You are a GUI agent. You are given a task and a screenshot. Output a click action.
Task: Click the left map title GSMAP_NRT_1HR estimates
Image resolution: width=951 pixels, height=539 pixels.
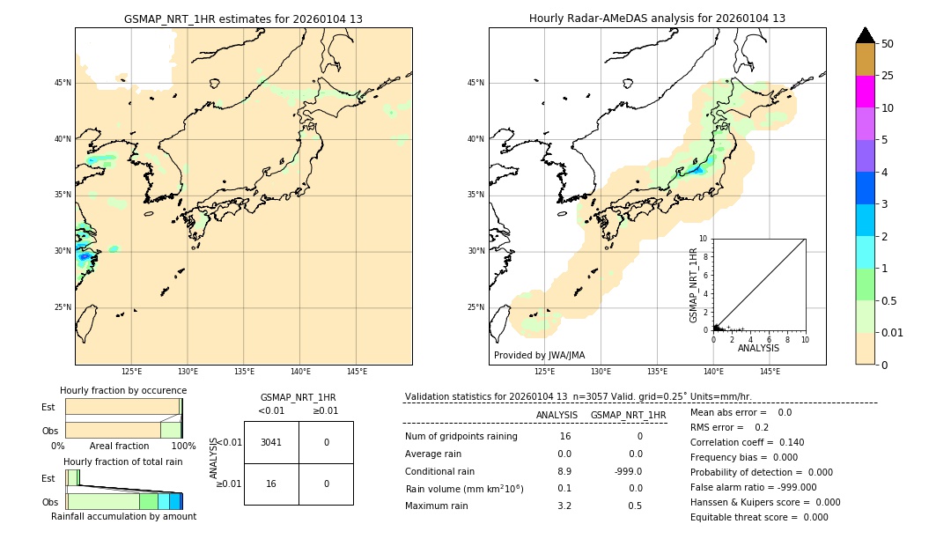tap(243, 18)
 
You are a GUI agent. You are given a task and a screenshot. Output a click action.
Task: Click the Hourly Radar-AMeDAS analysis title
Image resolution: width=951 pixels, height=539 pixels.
tap(657, 18)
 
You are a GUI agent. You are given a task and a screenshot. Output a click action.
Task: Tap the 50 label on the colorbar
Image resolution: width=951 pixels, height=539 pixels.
tap(888, 44)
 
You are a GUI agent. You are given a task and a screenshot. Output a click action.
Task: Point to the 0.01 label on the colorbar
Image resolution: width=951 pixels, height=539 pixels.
tap(893, 332)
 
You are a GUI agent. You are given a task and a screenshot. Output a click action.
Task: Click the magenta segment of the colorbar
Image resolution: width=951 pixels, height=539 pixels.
tap(865, 92)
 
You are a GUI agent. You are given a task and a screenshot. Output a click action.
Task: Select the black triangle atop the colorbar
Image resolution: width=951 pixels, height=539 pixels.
tap(865, 35)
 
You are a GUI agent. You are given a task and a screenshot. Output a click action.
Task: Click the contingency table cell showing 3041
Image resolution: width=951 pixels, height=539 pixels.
tap(271, 442)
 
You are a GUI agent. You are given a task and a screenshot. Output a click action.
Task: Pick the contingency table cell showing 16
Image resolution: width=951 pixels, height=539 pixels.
tap(271, 484)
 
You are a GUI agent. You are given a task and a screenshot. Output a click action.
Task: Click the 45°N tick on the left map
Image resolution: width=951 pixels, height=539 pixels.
tap(63, 83)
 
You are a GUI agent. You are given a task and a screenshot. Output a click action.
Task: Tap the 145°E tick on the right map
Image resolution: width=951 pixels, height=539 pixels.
tap(770, 372)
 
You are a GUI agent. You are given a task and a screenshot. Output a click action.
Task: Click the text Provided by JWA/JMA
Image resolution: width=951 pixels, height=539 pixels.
tap(539, 356)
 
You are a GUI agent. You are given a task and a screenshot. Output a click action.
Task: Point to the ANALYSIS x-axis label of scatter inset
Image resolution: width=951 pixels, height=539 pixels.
tap(758, 349)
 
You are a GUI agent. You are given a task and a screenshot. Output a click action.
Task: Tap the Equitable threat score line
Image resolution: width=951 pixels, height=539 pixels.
tap(759, 517)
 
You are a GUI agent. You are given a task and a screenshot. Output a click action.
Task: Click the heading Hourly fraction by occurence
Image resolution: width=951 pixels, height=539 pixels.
tap(123, 390)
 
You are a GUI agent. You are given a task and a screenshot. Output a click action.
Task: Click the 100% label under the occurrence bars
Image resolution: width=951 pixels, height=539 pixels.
tap(183, 447)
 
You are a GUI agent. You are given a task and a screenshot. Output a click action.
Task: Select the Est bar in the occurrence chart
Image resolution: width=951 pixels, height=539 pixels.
tap(122, 407)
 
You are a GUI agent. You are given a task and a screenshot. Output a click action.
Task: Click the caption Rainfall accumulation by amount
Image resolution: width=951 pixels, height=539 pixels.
tap(123, 516)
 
